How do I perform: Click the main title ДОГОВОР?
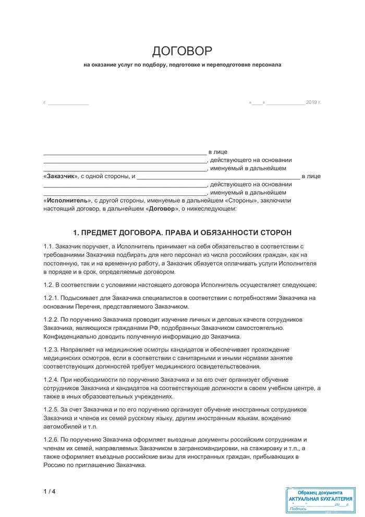[182, 51]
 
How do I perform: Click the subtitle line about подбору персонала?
[182, 65]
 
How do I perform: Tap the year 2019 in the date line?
[311, 102]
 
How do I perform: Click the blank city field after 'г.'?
[68, 102]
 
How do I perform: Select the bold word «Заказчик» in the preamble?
[60, 177]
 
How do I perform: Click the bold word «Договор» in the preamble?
[162, 209]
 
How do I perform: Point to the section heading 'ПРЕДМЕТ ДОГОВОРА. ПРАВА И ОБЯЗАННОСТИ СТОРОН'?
[182, 232]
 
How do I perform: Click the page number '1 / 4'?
[50, 491]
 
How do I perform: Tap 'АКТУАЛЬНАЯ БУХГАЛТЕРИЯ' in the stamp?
[320, 499]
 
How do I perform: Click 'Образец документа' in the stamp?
[320, 492]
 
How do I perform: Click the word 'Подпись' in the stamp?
[298, 508]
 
